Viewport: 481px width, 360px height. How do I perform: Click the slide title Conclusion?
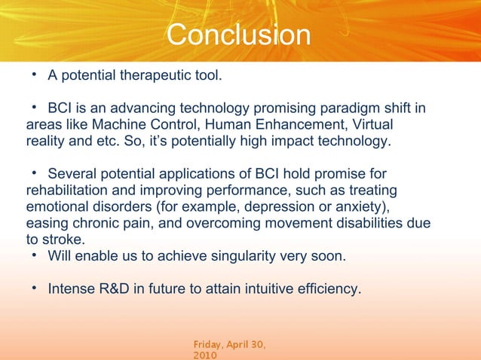pos(238,35)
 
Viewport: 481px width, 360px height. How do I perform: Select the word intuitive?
pos(262,288)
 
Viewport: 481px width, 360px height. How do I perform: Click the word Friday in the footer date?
pos(210,344)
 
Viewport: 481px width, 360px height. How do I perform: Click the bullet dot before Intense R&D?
pos(35,288)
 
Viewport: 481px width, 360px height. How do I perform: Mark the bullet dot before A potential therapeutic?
pos(35,76)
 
